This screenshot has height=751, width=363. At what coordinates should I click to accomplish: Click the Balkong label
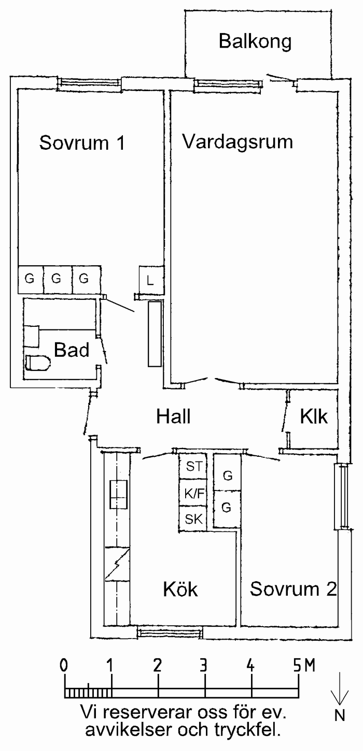[x=255, y=41]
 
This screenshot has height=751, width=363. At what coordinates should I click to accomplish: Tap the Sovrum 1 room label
[x=82, y=142]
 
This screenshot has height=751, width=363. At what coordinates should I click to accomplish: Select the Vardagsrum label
[x=238, y=141]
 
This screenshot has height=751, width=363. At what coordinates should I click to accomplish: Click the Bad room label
[x=72, y=350]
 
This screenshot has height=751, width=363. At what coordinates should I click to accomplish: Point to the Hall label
[x=173, y=416]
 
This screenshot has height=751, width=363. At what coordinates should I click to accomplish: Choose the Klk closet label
[x=314, y=416]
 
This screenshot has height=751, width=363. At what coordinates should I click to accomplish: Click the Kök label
[x=180, y=589]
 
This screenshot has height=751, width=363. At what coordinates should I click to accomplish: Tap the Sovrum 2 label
[x=294, y=589]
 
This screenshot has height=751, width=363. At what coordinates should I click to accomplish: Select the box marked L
[x=151, y=281]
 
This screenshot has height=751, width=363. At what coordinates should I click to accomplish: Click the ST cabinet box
[x=194, y=467]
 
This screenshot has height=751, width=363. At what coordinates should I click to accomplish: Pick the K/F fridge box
[x=194, y=494]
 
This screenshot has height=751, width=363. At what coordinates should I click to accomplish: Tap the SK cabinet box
[x=194, y=519]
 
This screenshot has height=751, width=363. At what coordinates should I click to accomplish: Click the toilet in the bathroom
[x=37, y=363]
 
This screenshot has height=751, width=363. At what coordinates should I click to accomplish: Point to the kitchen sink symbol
[x=118, y=495]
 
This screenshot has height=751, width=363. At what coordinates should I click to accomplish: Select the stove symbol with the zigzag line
[x=117, y=564]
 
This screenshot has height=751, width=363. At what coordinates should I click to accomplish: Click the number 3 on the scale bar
[x=204, y=665]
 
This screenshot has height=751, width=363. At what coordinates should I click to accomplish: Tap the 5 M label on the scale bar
[x=302, y=665]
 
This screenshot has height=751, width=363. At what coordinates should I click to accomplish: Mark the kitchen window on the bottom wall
[x=170, y=632]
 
